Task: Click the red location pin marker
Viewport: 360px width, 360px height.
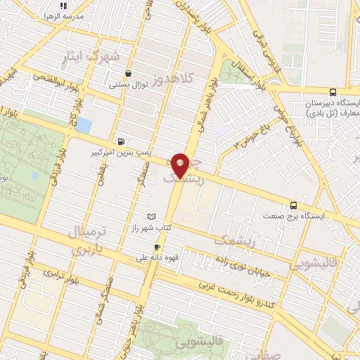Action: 181,165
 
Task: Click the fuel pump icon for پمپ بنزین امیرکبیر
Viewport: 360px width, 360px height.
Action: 123,141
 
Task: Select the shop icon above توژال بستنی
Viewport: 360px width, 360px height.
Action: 128,74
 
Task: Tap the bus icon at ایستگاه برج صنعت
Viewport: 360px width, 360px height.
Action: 293,205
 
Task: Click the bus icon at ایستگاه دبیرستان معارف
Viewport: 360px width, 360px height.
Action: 332,92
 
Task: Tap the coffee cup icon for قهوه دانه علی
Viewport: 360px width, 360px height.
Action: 157,247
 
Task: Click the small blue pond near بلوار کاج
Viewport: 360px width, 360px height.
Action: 83,125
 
